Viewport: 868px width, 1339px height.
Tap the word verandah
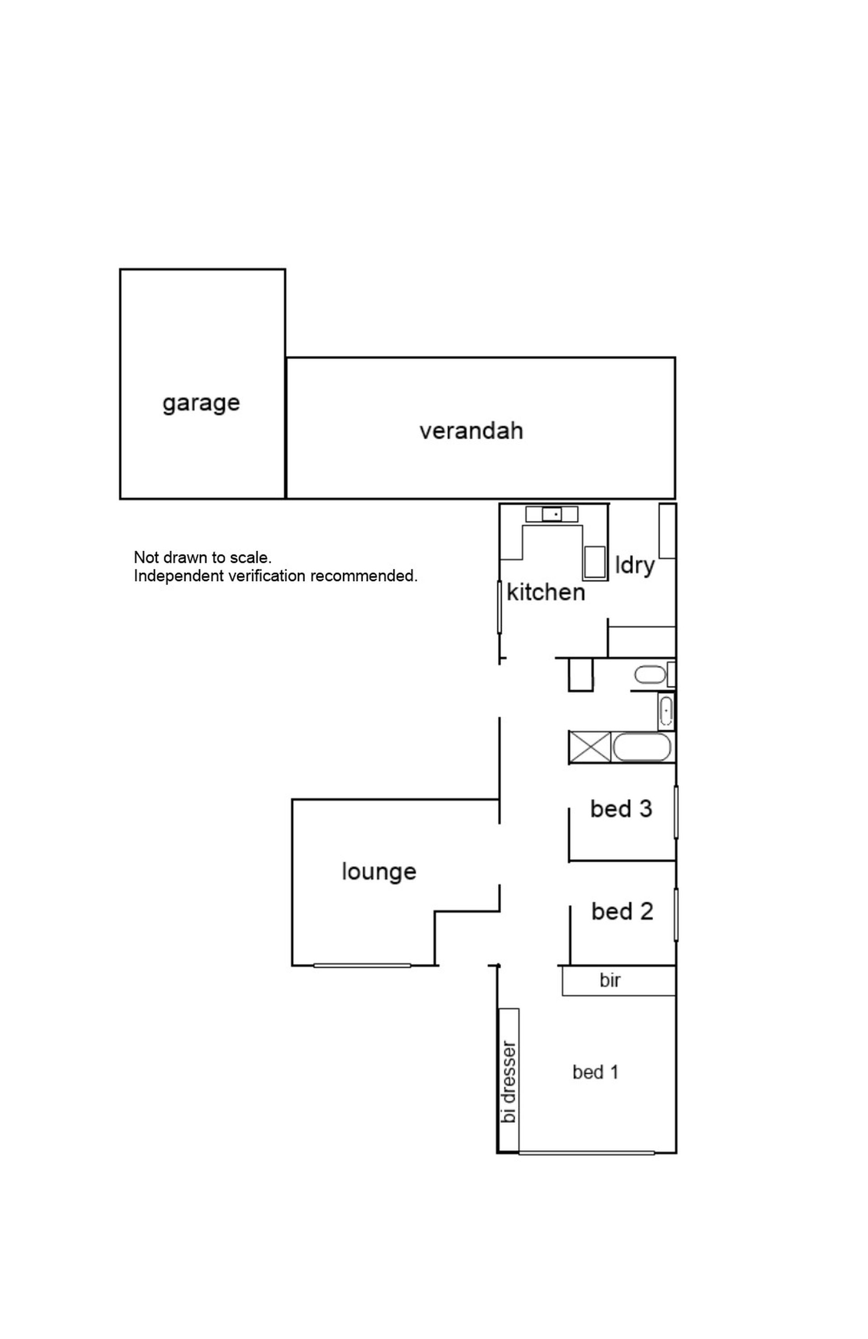click(471, 430)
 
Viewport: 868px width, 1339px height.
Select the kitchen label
click(545, 592)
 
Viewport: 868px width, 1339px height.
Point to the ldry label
click(635, 565)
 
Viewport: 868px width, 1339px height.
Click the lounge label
click(379, 872)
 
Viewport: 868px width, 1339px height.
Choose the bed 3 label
click(621, 809)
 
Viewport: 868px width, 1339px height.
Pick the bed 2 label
click(622, 911)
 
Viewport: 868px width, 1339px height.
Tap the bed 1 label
click(595, 1072)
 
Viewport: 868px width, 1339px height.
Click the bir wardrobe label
click(610, 981)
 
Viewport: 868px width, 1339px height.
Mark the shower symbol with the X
click(590, 747)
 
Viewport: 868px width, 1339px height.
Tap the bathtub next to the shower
click(642, 748)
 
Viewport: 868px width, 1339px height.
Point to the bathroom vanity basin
click(665, 712)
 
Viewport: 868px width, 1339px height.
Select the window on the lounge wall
click(362, 966)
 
